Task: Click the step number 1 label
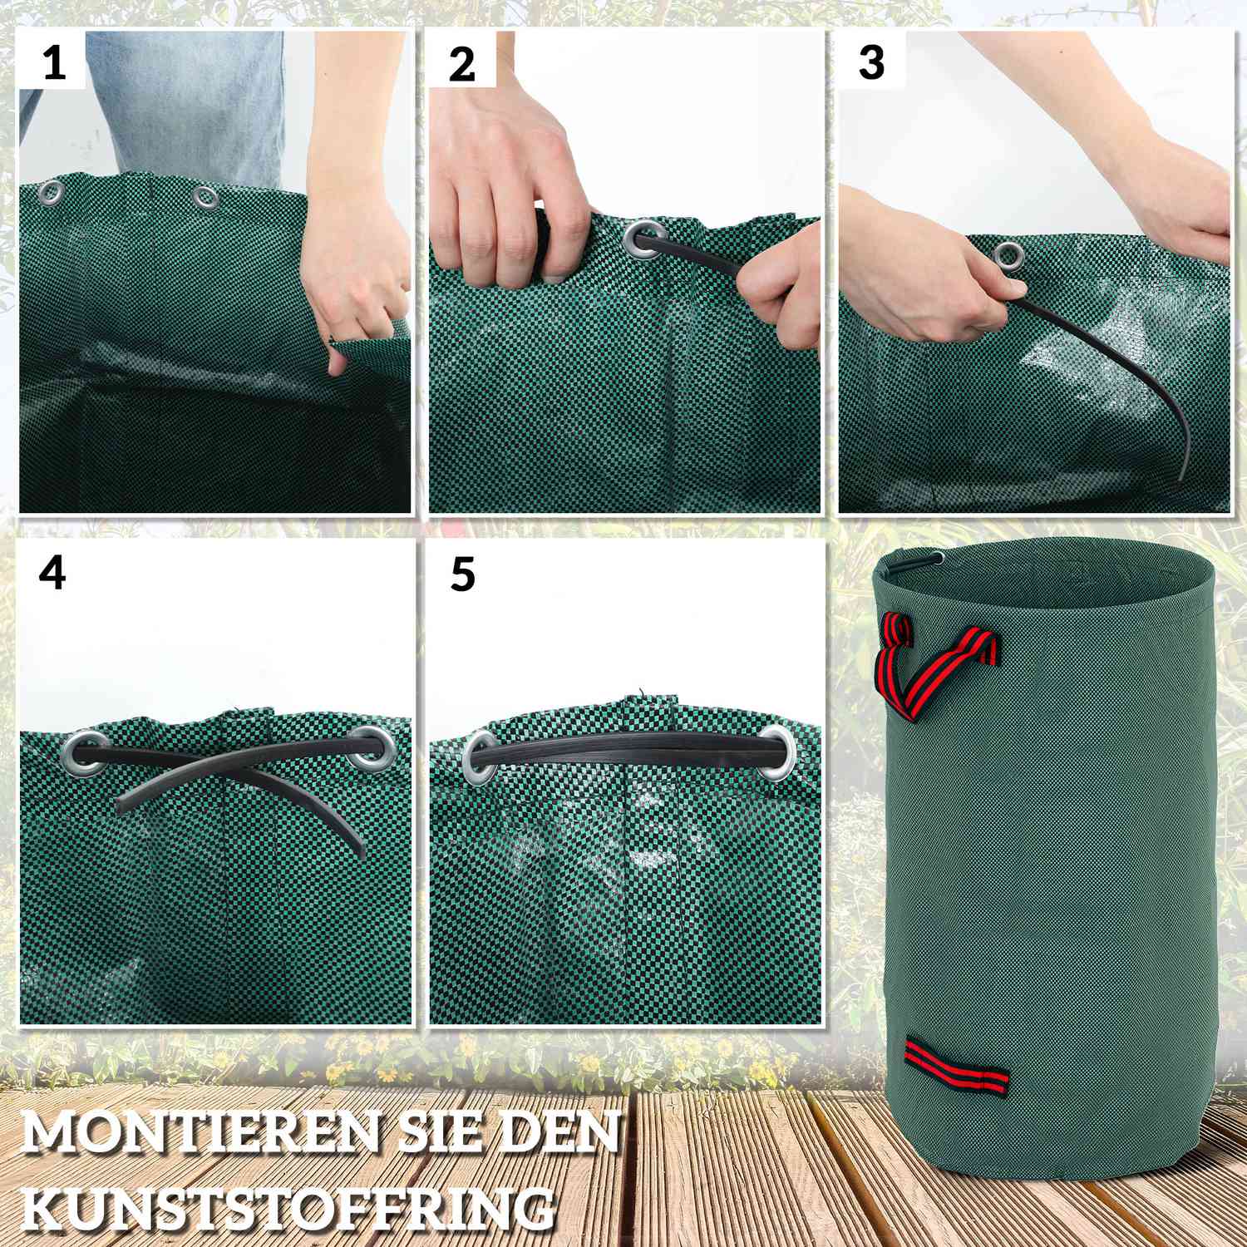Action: (54, 63)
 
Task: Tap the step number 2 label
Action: (461, 65)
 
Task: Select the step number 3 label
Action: (871, 63)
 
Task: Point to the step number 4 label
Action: (52, 574)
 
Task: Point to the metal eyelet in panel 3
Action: (1010, 255)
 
